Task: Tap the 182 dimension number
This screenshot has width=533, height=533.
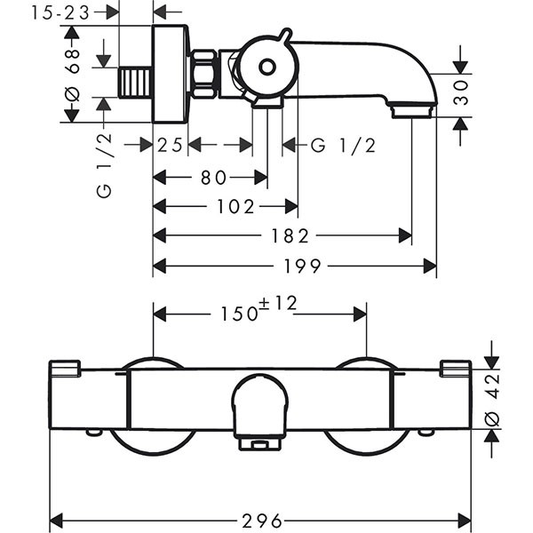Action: pos(286,236)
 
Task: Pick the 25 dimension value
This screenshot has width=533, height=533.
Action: pos(171,145)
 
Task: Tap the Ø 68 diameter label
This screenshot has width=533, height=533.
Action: pos(74,75)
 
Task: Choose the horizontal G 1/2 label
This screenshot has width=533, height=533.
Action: pos(343,145)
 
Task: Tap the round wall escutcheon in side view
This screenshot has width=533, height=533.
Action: pos(171,74)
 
